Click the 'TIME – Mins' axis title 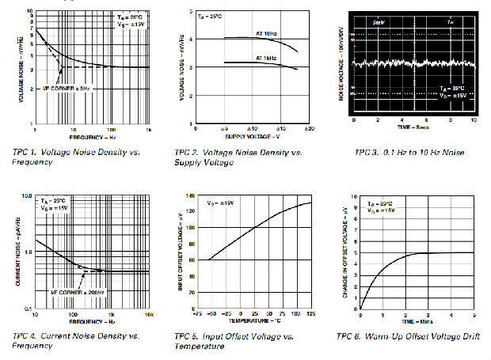coord(414,321)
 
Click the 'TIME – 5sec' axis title coord(414,126)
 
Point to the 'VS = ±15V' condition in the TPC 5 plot coord(223,204)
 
